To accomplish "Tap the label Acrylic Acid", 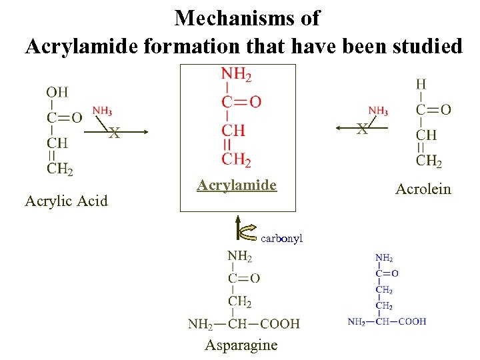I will [66, 200].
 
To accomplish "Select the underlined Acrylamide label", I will [237, 185].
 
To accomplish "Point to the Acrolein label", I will [423, 189].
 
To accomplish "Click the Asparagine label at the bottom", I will [241, 345].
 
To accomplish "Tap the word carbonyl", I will [282, 237].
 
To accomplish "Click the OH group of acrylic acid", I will [57, 91].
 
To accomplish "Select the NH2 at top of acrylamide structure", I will [236, 75].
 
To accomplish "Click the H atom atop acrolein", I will [421, 85].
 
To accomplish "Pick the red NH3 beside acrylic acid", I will [102, 111].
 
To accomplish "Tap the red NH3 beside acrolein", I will [378, 111].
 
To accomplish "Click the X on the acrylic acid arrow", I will [115, 133].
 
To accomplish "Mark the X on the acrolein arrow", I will [362, 129].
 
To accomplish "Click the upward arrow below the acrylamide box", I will [238, 227].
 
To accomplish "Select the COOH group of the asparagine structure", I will [280, 324].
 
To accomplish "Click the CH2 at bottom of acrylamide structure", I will [236, 159].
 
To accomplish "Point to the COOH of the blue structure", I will [411, 321].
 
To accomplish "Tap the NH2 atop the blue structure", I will [384, 258].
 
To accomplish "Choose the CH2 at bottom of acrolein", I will [429, 160].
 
